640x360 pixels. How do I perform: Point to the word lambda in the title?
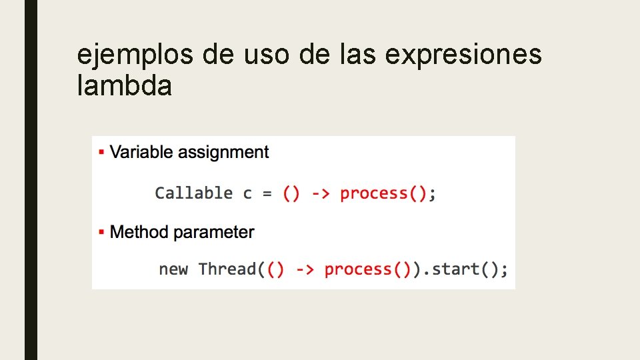tap(125, 86)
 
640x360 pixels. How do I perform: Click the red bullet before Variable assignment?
tap(101, 153)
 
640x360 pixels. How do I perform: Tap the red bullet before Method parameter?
tap(101, 233)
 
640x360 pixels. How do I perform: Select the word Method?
tap(139, 232)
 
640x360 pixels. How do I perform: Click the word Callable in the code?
tap(194, 193)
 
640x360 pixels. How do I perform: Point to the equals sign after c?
tap(267, 193)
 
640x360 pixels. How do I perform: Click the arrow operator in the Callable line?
tap(320, 193)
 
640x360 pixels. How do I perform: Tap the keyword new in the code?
tap(173, 269)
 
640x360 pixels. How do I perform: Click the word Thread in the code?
tap(227, 269)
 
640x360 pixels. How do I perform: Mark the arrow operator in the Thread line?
tap(305, 269)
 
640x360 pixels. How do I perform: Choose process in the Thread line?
tap(358, 269)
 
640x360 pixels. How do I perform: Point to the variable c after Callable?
tap(247, 194)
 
